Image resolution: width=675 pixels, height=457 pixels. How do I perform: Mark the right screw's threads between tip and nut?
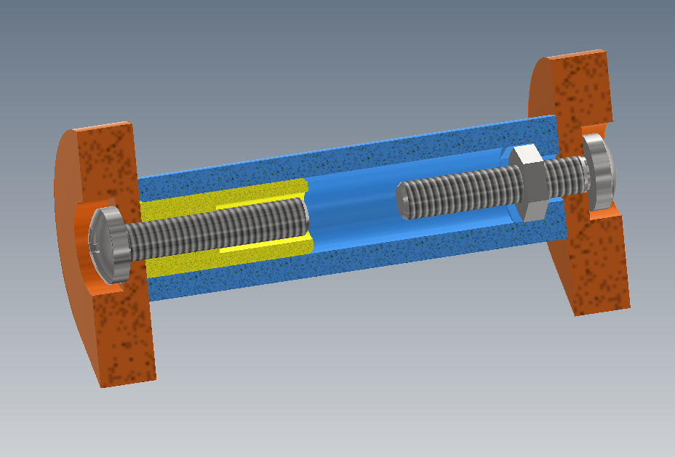458,191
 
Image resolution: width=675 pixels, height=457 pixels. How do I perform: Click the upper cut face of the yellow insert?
218,195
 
